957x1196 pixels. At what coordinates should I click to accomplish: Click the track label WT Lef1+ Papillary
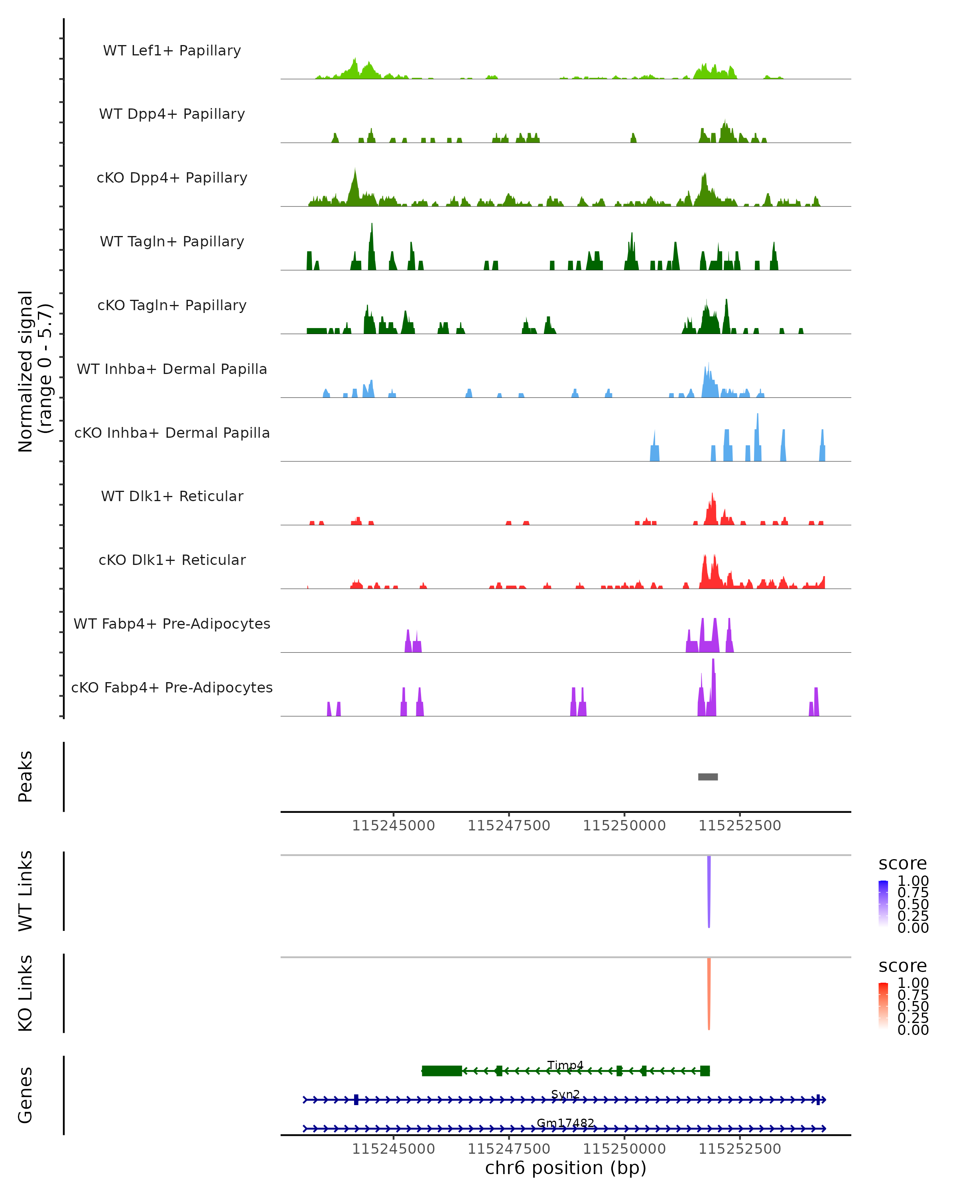click(172, 51)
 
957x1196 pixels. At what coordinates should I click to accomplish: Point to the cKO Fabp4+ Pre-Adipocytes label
click(172, 687)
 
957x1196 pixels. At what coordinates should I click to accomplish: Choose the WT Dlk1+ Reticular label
click(172, 496)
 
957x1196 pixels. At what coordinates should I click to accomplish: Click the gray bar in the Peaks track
click(707, 777)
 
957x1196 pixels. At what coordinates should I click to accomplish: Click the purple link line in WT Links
click(709, 890)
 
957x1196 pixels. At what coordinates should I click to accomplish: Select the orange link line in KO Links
click(709, 993)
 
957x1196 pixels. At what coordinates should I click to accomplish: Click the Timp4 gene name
click(565, 1065)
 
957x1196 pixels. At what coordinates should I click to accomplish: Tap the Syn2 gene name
click(565, 1094)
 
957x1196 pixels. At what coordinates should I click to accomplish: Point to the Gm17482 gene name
click(565, 1123)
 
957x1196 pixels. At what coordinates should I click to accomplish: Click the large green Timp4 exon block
click(441, 1071)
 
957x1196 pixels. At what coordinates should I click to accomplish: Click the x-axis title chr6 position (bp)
click(565, 1168)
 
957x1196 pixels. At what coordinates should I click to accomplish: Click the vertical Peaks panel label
click(25, 777)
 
